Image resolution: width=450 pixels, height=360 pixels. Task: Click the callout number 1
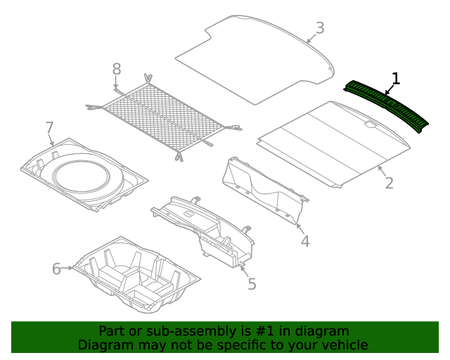[x=396, y=79]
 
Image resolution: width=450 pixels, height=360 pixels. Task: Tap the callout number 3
[x=319, y=28]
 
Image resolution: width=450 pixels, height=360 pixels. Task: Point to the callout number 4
[x=304, y=241]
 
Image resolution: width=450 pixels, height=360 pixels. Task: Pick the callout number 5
[x=251, y=283]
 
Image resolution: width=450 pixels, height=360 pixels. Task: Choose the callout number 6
[x=57, y=269]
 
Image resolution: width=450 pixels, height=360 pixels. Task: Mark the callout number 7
[x=49, y=128]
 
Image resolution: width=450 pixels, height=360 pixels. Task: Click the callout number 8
[x=117, y=69]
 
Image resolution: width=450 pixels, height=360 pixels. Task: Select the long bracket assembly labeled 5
[x=204, y=229]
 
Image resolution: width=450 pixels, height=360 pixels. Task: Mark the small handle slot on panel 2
[x=371, y=126]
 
